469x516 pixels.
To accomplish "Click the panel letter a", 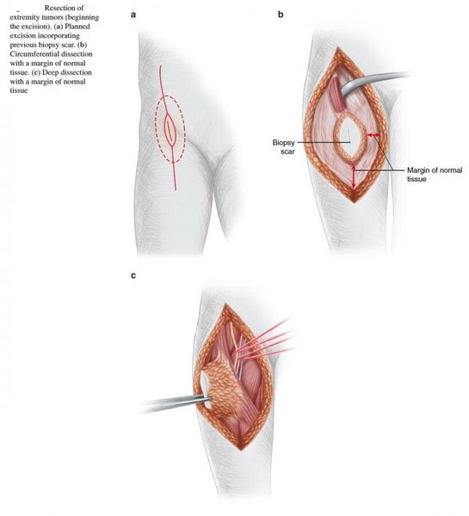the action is pos(133,15).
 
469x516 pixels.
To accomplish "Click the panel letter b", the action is pos(281,15).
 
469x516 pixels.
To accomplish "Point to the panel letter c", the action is pos(133,276).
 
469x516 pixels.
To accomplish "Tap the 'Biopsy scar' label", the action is pos(284,147).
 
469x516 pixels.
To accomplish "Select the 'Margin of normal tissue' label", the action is pos(435,175).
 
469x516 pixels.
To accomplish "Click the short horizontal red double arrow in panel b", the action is pos(373,135).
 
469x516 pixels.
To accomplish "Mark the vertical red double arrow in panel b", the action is pos(354,177).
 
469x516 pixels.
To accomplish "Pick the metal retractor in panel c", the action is pos(175,404).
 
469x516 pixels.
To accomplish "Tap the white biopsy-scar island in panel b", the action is pos(349,138).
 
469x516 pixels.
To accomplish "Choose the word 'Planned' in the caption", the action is pos(77,26).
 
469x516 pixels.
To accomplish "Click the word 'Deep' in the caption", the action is pos(51,72).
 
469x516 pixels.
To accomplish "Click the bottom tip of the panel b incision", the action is pos(355,203).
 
